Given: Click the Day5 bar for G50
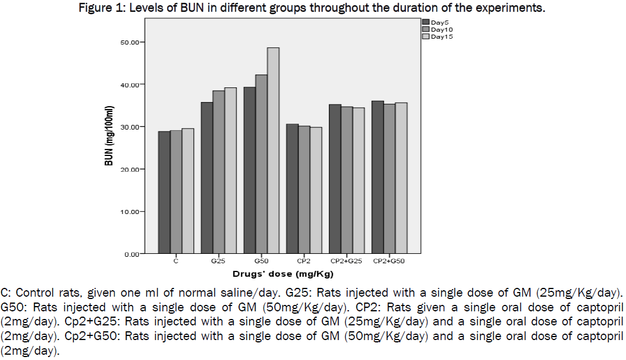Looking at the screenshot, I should point(250,170).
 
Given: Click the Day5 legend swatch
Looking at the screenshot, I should point(426,22).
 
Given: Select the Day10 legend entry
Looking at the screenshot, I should point(441,29).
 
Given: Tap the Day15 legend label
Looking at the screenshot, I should point(442,36).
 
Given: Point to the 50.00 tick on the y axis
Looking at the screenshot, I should point(131,42).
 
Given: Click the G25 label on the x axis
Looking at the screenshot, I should point(219,260).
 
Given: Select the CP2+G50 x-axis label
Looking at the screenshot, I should point(389,260).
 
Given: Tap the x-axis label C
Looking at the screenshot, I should point(176,260).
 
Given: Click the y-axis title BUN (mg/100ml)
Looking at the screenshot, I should point(109,136).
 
